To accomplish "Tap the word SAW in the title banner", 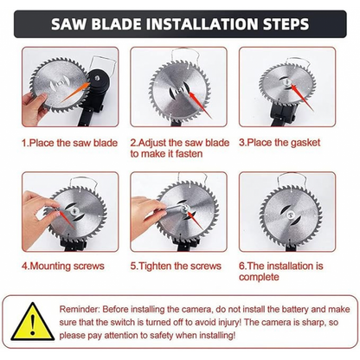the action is point(69,24).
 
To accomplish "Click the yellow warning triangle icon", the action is point(33,321).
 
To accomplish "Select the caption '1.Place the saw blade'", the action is point(70,143).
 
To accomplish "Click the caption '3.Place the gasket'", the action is point(280,143).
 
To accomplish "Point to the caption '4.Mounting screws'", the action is point(63,266).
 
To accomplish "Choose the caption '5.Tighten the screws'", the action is point(176,266).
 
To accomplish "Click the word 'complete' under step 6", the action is point(259,277).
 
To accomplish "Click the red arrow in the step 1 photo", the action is point(75,93).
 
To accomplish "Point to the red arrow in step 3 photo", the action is point(301,97).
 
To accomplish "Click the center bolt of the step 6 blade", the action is point(290,215).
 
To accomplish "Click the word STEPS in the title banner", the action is point(286,24).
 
